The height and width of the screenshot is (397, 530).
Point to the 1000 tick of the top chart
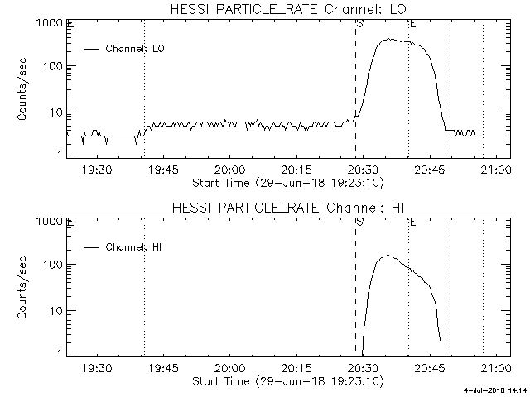point(49,24)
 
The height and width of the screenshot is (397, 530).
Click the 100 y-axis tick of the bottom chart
point(52,264)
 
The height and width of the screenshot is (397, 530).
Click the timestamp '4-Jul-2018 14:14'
point(494,390)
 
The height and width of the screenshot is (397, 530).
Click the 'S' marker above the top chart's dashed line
point(359,23)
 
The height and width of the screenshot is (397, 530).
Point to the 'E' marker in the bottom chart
point(412,222)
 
